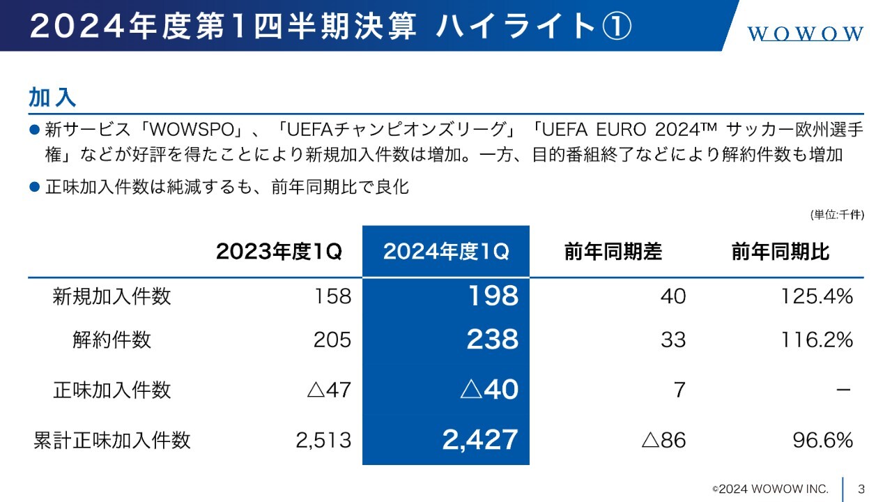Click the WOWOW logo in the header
pyautogui.click(x=806, y=33)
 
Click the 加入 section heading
pyautogui.click(x=52, y=97)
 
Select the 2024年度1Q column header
pyautogui.click(x=446, y=252)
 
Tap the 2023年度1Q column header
pyautogui.click(x=279, y=252)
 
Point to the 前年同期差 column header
pyautogui.click(x=613, y=252)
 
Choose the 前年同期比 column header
pyautogui.click(x=780, y=252)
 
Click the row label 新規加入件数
pyautogui.click(x=111, y=296)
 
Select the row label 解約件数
pyautogui.click(x=111, y=340)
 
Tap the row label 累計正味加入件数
pyautogui.click(x=111, y=440)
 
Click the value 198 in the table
pyautogui.click(x=493, y=296)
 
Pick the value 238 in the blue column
pyautogui.click(x=493, y=340)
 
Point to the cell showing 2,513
pyautogui.click(x=323, y=440)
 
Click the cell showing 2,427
pyautogui.click(x=480, y=440)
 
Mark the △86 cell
pyautogui.click(x=663, y=440)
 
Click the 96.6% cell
pyautogui.click(x=823, y=440)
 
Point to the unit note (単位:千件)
pyautogui.click(x=836, y=215)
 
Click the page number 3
pyautogui.click(x=861, y=488)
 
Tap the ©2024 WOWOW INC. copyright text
pyautogui.click(x=770, y=488)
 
